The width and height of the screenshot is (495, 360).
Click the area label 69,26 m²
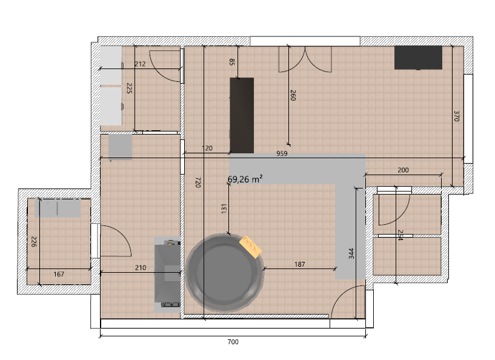(245, 179)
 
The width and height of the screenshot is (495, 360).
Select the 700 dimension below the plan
(233, 342)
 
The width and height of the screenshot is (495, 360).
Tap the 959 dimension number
(282, 153)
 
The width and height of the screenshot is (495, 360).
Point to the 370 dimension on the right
(456, 116)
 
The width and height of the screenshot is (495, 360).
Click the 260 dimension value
(293, 95)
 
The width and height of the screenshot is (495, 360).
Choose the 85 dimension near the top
(231, 62)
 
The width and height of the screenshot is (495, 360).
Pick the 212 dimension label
(140, 64)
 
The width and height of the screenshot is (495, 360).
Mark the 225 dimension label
(129, 88)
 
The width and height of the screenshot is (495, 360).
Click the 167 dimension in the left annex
(59, 274)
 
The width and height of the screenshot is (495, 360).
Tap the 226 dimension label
(34, 242)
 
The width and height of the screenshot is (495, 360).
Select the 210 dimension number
(141, 268)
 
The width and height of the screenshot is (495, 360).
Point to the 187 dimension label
(299, 264)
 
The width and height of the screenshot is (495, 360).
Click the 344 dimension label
(351, 253)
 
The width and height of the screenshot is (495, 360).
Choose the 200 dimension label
(403, 170)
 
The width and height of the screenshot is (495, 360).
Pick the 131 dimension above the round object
(224, 208)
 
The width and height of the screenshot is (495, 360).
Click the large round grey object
(224, 273)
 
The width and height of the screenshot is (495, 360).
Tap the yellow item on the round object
(251, 247)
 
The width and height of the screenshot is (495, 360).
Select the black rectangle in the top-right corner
(418, 58)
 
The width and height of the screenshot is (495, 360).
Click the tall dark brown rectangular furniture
(242, 115)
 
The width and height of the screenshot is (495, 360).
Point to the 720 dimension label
(198, 182)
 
